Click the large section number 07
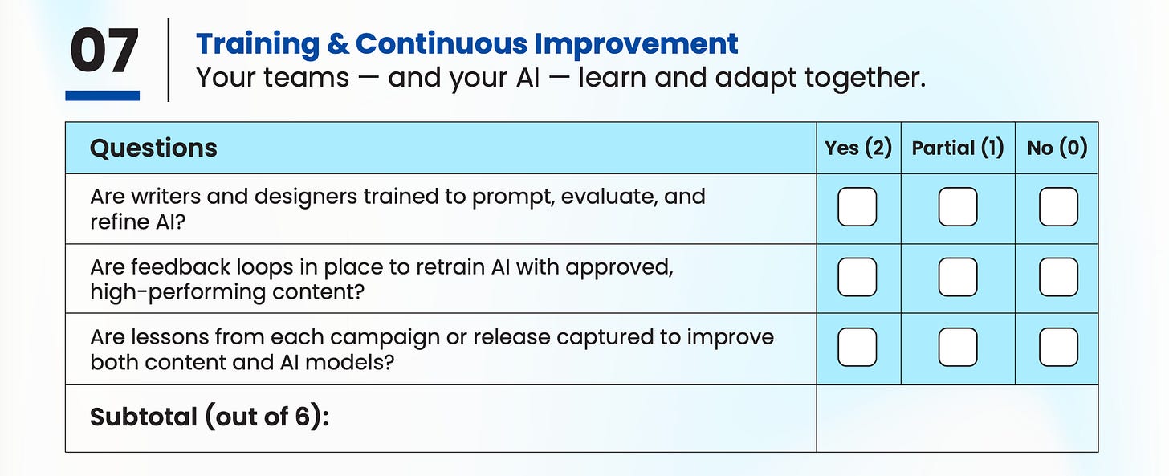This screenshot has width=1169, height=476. [x=104, y=51]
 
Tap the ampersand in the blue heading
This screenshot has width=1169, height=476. [x=338, y=43]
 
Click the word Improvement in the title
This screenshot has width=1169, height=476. [x=636, y=44]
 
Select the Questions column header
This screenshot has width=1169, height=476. [x=153, y=148]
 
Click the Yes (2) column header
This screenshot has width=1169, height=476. [x=858, y=148]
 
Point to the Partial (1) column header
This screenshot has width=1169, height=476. [x=958, y=148]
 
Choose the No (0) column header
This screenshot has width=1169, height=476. [x=1057, y=148]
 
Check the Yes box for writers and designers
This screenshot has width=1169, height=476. [x=857, y=206]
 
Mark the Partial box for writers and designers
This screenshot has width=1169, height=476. [x=958, y=206]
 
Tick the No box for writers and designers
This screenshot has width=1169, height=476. [x=1058, y=206]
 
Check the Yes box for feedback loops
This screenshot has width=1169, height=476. [x=857, y=277]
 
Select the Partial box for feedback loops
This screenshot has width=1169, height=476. [x=958, y=277]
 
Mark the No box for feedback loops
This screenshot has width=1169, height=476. [x=1058, y=277]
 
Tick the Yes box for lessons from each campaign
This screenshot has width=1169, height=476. [x=857, y=347]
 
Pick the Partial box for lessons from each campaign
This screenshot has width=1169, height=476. [x=958, y=347]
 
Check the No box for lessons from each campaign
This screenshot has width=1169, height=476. [x=1058, y=347]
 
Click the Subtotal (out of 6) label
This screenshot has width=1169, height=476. [x=210, y=417]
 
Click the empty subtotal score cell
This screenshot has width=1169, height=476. [x=957, y=418]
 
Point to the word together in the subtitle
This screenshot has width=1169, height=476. [x=865, y=78]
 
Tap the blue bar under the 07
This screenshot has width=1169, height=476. [x=102, y=96]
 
